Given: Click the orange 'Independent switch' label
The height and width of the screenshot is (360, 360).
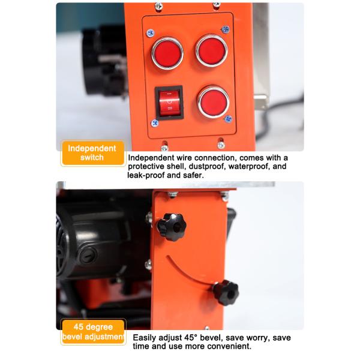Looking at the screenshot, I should point(92,153).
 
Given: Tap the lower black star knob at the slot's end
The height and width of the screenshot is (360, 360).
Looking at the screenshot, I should point(225,292).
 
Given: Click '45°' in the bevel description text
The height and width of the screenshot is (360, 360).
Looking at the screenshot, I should point(191,337).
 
